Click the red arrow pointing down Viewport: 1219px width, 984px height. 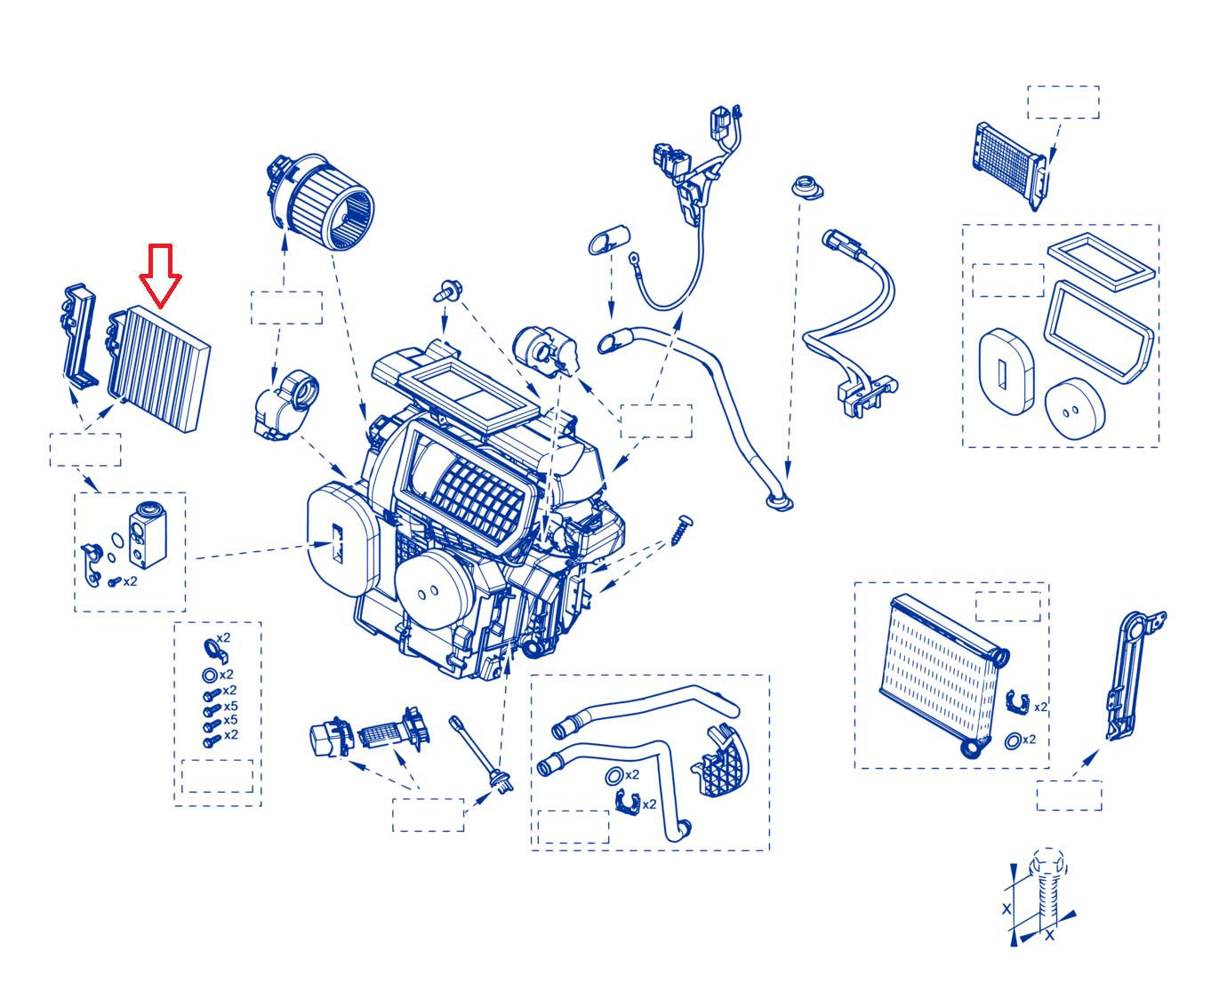(160, 275)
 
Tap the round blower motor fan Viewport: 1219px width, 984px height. (320, 202)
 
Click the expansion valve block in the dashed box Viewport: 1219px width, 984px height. (147, 534)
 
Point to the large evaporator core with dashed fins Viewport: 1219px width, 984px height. (943, 675)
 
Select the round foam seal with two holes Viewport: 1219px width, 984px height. (1074, 409)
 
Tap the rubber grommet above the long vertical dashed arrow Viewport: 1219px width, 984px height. (807, 188)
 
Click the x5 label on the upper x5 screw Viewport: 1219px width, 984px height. (230, 706)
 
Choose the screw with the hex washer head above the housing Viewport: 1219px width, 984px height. (448, 292)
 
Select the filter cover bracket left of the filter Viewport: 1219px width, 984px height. (78, 335)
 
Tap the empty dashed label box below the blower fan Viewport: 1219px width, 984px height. (286, 308)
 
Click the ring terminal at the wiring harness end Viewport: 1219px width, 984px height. (634, 260)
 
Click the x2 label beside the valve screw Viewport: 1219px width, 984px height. (131, 581)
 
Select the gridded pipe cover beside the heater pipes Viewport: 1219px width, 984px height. (720, 761)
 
